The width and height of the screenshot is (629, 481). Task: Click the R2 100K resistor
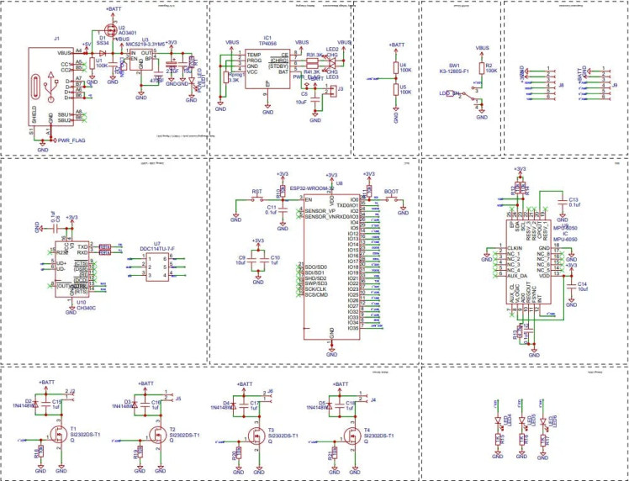pyautogui.click(x=480, y=67)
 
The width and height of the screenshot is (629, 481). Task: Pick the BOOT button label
pyautogui.click(x=391, y=192)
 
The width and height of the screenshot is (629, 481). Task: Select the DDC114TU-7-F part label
pyautogui.click(x=157, y=249)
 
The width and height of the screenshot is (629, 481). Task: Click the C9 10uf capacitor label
pyautogui.click(x=242, y=260)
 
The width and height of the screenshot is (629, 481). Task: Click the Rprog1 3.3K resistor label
pyautogui.click(x=235, y=78)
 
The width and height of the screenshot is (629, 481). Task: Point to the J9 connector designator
pyautogui.click(x=615, y=85)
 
